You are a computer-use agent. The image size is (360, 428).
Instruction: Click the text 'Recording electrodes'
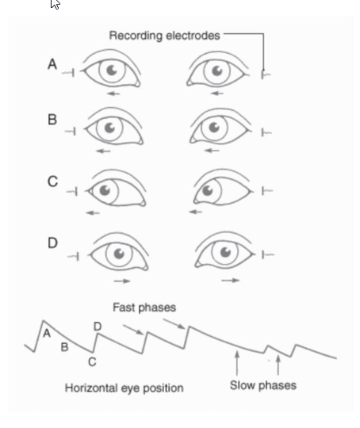[165, 36]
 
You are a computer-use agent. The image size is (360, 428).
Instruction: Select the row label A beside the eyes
[52, 65]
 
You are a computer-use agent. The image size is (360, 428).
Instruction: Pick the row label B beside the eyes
[52, 120]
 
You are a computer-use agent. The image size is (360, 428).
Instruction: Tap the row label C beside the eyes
[52, 182]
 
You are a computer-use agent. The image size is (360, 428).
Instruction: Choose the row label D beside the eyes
[52, 243]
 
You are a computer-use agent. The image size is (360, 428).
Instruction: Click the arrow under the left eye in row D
[121, 280]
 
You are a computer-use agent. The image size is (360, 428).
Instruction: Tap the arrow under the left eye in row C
[94, 212]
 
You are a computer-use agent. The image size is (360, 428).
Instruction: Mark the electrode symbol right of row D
[266, 254]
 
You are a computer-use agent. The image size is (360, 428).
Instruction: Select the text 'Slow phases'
[262, 385]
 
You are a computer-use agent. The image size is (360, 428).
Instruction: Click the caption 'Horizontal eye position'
[124, 388]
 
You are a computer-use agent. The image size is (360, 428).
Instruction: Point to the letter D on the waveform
[98, 326]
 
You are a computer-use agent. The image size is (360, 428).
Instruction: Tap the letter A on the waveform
[47, 334]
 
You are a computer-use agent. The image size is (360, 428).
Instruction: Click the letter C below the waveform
[92, 362]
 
